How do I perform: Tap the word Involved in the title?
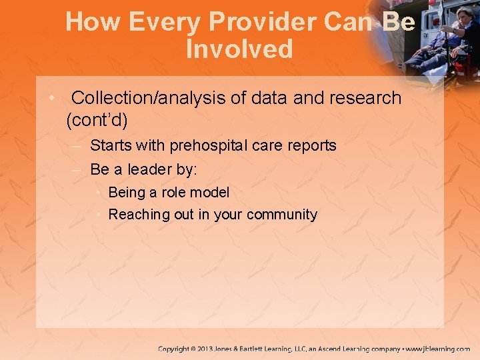point(239,49)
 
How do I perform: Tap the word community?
point(282,215)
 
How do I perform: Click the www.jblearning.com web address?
point(438,349)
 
